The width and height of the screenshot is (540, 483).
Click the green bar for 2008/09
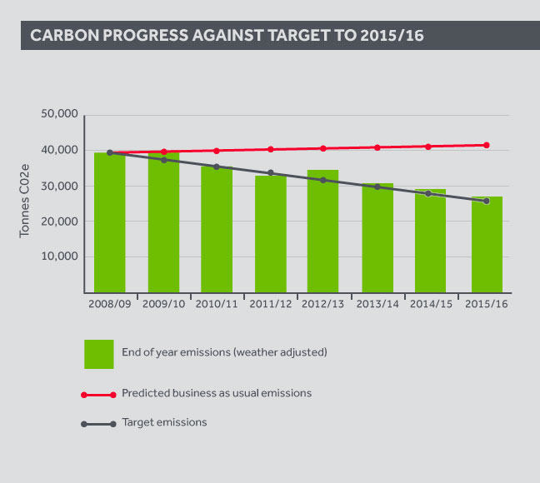pos(109,222)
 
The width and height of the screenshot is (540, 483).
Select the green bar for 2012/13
pos(322,231)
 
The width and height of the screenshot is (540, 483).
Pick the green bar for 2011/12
pos(269,234)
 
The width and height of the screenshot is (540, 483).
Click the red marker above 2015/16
pos(486,145)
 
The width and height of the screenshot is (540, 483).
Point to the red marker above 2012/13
pos(323,148)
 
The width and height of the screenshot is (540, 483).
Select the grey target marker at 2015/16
pos(486,201)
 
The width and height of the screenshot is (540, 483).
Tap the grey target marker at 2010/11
pos(217,167)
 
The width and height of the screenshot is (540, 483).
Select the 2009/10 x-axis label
pos(164,304)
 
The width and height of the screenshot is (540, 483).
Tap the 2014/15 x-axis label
pos(433,304)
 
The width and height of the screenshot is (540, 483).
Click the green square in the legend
pos(99,353)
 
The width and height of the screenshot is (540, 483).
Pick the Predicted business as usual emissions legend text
pos(217,393)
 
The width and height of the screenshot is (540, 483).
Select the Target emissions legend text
pos(164,422)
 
